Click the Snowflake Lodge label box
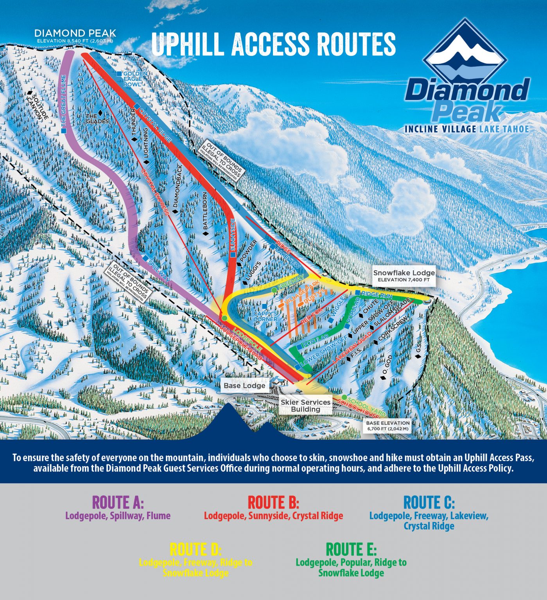pyautogui.click(x=404, y=276)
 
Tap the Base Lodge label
pyautogui.click(x=244, y=386)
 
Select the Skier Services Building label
pyautogui.click(x=305, y=405)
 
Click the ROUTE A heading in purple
pyautogui.click(x=118, y=502)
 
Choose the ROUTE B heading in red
pyautogui.click(x=273, y=502)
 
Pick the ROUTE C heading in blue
pyautogui.click(x=429, y=502)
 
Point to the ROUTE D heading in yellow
pyautogui.click(x=195, y=550)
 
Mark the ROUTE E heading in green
pyautogui.click(x=351, y=550)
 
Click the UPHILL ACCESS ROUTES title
pyautogui.click(x=273, y=43)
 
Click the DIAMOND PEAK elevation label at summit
pyautogui.click(x=75, y=35)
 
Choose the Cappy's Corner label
pyautogui.click(x=265, y=316)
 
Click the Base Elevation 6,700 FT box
pyautogui.click(x=387, y=425)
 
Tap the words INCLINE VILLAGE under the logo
pyautogui.click(x=440, y=129)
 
